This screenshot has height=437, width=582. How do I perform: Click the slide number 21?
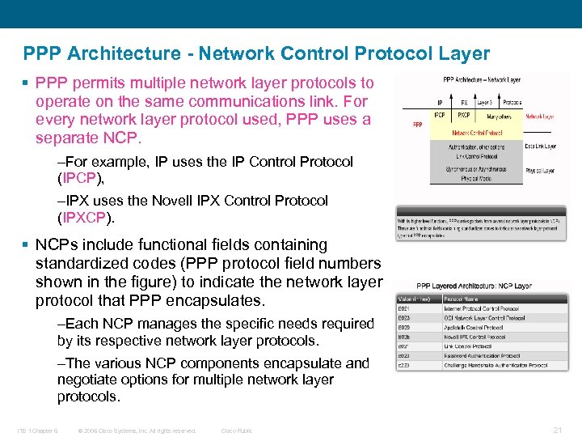pos(557,430)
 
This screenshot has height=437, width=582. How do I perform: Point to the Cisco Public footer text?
pos(237,431)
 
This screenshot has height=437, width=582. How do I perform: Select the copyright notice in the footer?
pos(137,431)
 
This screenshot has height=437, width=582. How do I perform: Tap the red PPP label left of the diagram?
pos(417,125)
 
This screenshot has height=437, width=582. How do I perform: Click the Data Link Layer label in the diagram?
pos(541,146)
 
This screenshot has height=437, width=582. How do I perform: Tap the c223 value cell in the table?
pos(404,365)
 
